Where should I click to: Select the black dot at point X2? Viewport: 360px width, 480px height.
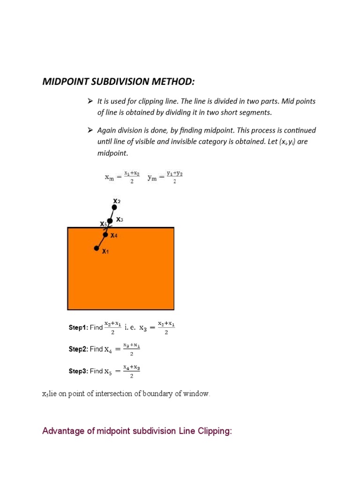click(x=114, y=207)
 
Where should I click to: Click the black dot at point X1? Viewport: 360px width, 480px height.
click(x=97, y=248)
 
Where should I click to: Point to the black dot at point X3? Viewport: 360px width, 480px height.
click(x=110, y=220)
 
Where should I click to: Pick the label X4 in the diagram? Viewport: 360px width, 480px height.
click(x=114, y=236)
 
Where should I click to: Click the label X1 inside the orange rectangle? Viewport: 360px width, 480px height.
click(x=105, y=252)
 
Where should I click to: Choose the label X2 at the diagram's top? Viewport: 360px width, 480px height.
click(x=117, y=201)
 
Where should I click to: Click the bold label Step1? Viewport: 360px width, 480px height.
click(x=78, y=328)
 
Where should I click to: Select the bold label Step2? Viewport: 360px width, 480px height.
click(x=78, y=349)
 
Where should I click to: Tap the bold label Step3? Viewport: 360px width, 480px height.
click(x=78, y=371)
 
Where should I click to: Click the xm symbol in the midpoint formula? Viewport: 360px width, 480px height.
click(x=109, y=178)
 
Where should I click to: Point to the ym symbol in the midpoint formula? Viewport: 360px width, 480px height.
click(x=153, y=178)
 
